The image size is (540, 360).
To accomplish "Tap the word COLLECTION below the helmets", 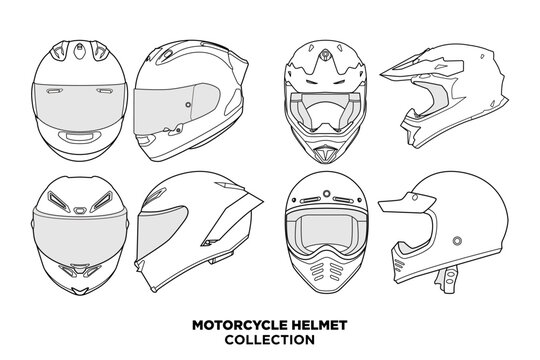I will [x=270, y=338].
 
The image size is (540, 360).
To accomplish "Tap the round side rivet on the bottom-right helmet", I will [x=456, y=241].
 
